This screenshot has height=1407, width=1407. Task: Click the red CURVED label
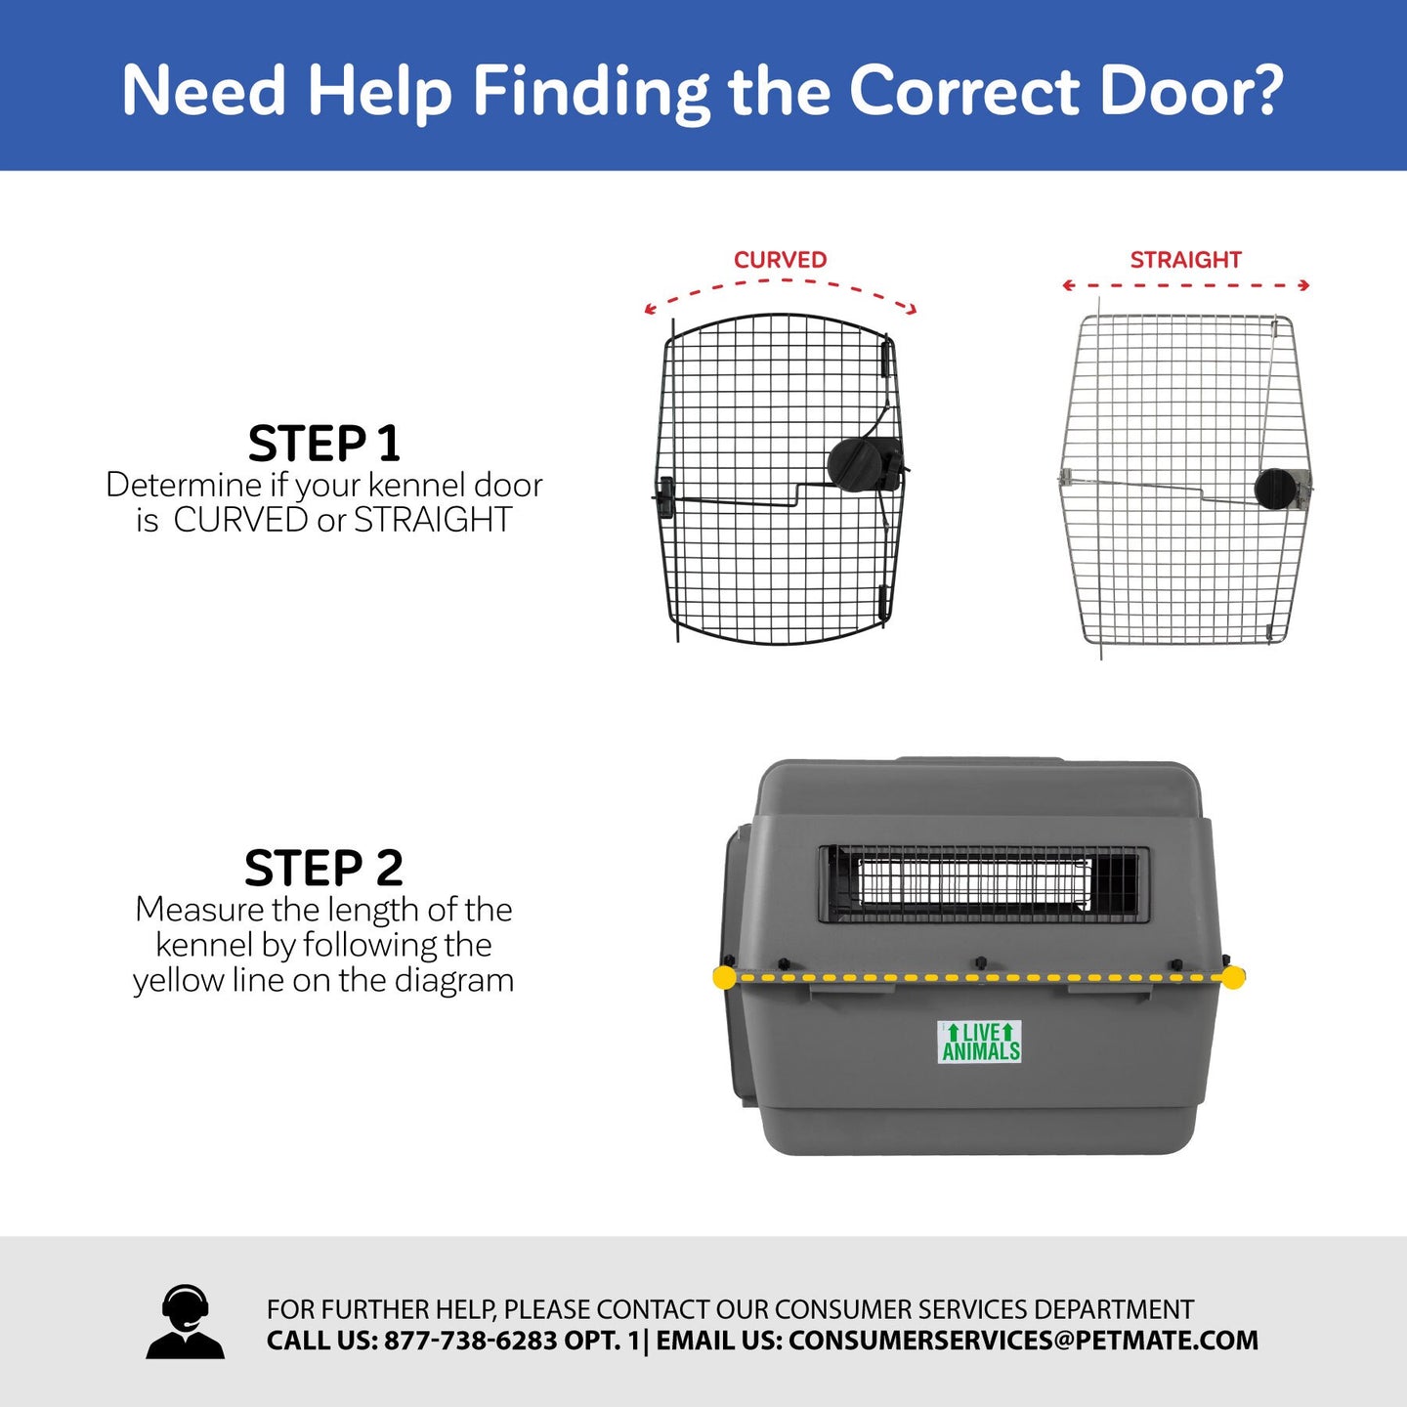tap(780, 260)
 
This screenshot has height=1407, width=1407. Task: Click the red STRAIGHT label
tap(1185, 260)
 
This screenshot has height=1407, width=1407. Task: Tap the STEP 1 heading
tap(323, 444)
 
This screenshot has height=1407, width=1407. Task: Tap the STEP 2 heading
tap(323, 868)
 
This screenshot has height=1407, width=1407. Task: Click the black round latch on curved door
tap(852, 462)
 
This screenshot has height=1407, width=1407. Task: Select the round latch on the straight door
tap(1276, 489)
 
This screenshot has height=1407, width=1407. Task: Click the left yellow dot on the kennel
tap(724, 977)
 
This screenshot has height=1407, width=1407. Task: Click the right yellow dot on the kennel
tap(1233, 977)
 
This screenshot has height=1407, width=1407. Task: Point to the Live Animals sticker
tap(979, 1042)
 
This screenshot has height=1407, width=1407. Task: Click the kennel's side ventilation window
tap(982, 884)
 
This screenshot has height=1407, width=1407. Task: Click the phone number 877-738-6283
tap(470, 1341)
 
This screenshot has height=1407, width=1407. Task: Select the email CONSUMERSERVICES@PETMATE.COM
tap(1023, 1341)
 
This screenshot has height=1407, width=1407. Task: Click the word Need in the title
tap(203, 91)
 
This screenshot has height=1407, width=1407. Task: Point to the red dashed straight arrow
tap(1185, 285)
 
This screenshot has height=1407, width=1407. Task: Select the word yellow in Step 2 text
tap(178, 980)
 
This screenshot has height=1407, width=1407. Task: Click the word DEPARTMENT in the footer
tap(1114, 1309)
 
